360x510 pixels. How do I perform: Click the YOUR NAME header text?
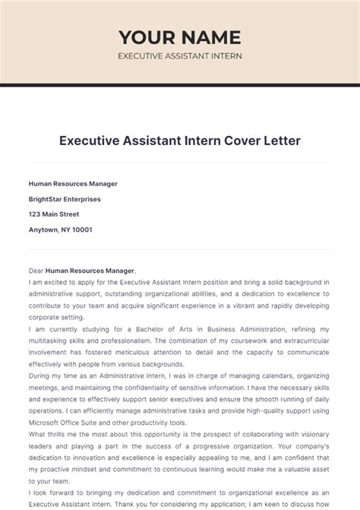[x=179, y=37]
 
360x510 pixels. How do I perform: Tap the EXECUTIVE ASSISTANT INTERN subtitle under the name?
[x=179, y=57]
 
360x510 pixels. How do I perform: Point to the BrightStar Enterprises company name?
[x=65, y=199]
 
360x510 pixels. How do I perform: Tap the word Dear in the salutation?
[x=36, y=271]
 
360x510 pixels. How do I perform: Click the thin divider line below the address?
[x=179, y=249]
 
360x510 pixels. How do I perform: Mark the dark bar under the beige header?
[x=179, y=85]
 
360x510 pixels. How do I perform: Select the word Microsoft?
[x=46, y=422]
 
